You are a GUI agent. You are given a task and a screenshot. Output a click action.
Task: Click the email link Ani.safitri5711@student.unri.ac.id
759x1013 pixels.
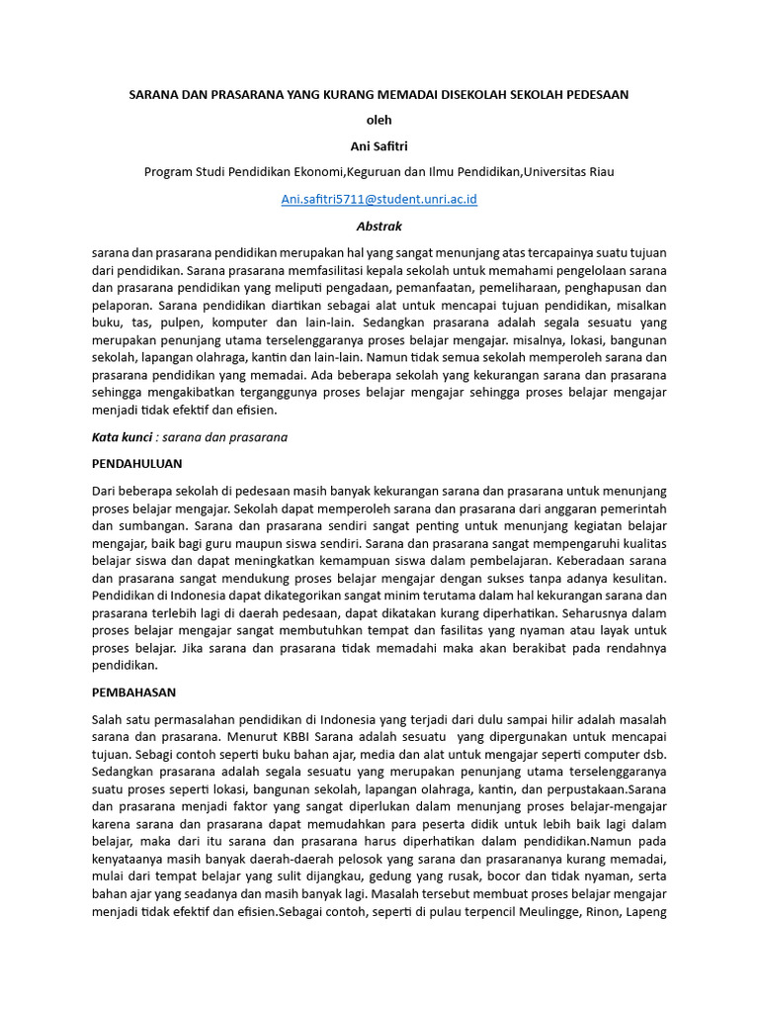pyautogui.click(x=379, y=199)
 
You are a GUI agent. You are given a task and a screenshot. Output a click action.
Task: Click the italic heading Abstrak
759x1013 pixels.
pyautogui.click(x=379, y=227)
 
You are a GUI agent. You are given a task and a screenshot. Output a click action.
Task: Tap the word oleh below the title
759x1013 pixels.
pyautogui.click(x=379, y=120)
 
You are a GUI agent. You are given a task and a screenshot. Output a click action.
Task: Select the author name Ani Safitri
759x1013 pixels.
pyautogui.click(x=379, y=146)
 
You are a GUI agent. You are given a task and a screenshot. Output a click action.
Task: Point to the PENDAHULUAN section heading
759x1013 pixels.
pyautogui.click(x=136, y=463)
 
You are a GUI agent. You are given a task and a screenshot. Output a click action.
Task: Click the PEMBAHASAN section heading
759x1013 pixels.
pyautogui.click(x=133, y=691)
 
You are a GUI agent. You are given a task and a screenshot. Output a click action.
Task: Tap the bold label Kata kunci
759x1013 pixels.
pyautogui.click(x=122, y=436)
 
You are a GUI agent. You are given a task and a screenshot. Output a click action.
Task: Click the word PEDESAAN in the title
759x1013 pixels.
pyautogui.click(x=595, y=94)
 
